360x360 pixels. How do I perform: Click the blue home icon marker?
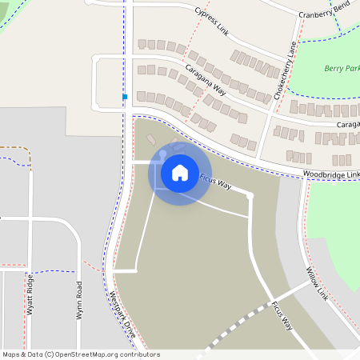179,172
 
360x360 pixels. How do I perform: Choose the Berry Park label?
342,70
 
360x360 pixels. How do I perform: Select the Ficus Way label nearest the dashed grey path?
282,315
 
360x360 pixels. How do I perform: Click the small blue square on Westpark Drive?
125,97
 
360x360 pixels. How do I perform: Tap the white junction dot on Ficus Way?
250,195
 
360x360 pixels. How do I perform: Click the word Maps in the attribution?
11,354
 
